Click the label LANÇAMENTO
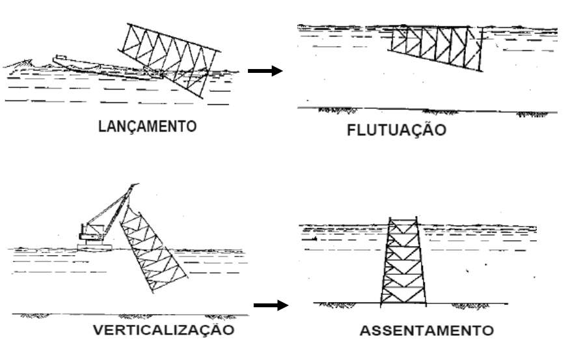[x=146, y=126]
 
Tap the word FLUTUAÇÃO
[x=396, y=130]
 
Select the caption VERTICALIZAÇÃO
[x=163, y=329]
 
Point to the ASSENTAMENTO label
[x=426, y=331]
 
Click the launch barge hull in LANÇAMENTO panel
[x=98, y=66]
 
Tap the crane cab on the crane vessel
[x=87, y=231]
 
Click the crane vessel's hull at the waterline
[x=95, y=247]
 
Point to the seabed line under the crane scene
[x=130, y=315]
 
